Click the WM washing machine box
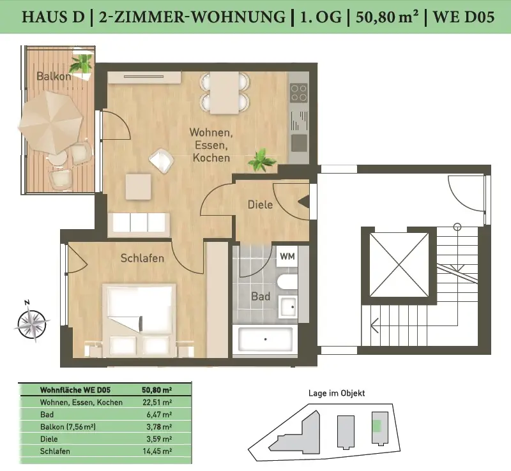pos(287,257)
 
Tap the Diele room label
pos(260,205)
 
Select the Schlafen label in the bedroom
pos(142,258)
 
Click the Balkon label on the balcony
pos(54,76)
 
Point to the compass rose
pos(31,322)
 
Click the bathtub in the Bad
pos(265,339)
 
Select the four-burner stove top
pos(299,93)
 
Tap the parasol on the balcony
pos(50,123)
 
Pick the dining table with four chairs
pos(225,93)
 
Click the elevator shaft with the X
pos(399,265)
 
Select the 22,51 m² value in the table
pos(157,402)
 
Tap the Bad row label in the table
pos(47,415)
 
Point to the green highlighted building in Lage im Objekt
pos(377,426)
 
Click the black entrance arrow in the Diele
pos(304,202)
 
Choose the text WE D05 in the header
pos(464,17)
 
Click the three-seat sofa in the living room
pos(139,224)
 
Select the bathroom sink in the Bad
pos(288,307)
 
